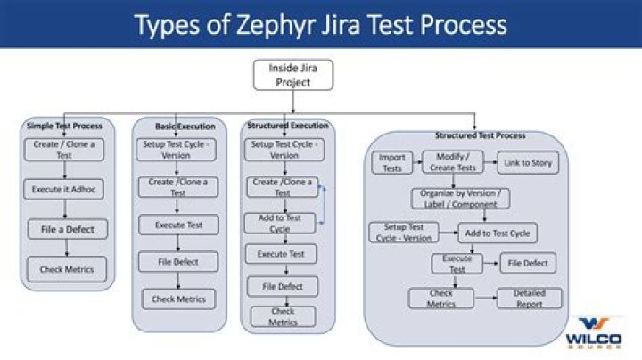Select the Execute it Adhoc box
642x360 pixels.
pos(64,189)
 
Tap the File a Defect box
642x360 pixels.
pos(68,229)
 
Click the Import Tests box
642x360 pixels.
pos(391,163)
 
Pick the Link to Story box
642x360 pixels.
pos(528,163)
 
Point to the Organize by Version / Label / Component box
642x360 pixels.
pos(459,198)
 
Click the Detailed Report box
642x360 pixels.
pos(530,299)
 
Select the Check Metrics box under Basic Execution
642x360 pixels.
pos(178,299)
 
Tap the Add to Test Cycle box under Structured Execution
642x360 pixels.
pos(280,223)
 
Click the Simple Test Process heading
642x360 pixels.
pos(64,125)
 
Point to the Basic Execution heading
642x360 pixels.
pos(178,127)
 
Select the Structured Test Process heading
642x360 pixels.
pos(480,135)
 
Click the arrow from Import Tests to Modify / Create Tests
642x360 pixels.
pos(415,163)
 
